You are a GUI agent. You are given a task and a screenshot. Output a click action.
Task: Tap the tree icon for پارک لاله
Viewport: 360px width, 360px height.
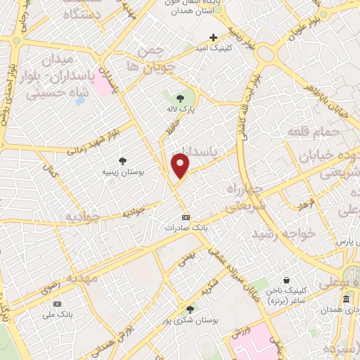180,98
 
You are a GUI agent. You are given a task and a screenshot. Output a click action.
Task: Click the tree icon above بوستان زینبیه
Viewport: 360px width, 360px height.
123,161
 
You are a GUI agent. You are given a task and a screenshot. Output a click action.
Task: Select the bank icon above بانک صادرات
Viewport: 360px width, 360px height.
186,217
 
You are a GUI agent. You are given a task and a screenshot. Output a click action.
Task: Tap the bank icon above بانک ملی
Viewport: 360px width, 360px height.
57,303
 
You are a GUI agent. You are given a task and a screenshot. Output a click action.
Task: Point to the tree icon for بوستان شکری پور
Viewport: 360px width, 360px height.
190,309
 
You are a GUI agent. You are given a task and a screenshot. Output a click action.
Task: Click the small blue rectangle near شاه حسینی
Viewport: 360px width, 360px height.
79,101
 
